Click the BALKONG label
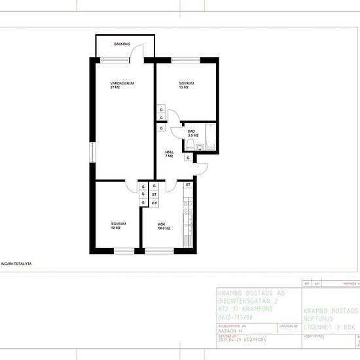click(122, 44)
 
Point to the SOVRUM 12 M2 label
click(118, 226)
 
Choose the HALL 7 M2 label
click(169, 154)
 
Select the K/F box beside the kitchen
click(154, 204)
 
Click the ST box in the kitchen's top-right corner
click(188, 185)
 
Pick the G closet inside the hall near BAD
click(188, 158)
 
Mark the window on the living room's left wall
click(92, 151)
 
